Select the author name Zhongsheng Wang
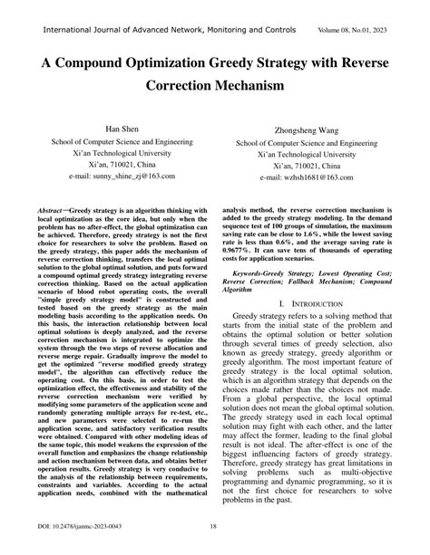point(306,129)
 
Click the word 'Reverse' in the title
point(366,66)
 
